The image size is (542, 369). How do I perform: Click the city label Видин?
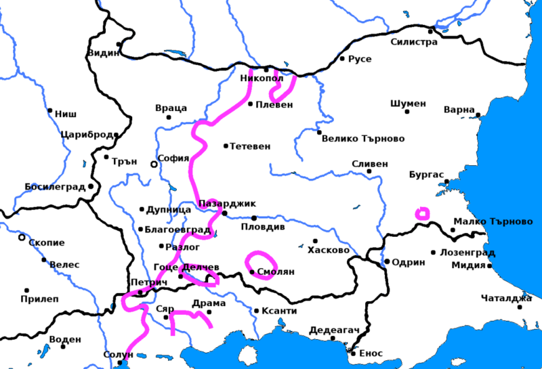tap(102, 53)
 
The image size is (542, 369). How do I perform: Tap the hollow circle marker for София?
tap(154, 164)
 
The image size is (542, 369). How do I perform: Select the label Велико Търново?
tap(363, 139)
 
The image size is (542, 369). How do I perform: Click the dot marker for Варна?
tap(478, 114)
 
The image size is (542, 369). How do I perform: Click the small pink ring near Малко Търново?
tap(422, 213)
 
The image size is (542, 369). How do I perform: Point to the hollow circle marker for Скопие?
tap(22, 238)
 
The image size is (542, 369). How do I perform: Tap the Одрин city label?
tap(408, 262)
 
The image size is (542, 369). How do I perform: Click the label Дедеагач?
tap(329, 330)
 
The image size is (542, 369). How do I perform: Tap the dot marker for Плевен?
tap(250, 104)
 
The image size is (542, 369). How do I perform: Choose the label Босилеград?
tap(55, 186)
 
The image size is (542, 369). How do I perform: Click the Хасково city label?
tap(329, 251)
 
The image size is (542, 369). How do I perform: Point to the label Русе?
tap(360, 60)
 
